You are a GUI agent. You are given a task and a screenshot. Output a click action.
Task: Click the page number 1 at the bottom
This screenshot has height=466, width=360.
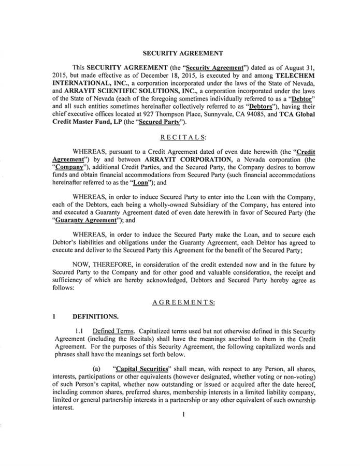click(184, 415)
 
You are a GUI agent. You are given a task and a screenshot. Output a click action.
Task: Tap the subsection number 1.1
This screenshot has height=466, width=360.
click(80, 330)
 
